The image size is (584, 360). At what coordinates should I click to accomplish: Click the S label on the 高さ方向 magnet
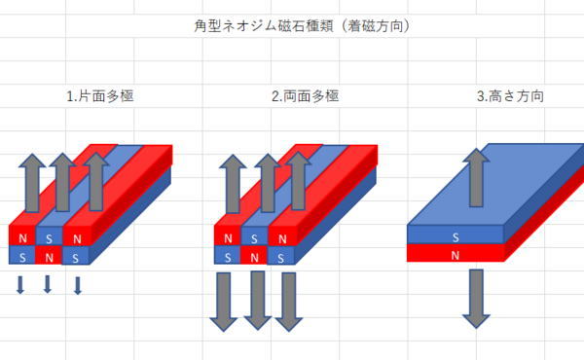[456, 235]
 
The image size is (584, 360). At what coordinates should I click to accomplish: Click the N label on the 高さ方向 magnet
[456, 254]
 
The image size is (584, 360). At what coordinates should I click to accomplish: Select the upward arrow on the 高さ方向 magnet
[475, 177]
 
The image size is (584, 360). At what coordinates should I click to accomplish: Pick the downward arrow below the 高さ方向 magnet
[475, 298]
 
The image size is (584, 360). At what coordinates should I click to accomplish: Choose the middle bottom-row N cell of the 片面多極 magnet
[49, 257]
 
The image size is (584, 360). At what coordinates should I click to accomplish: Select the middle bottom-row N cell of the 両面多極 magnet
[254, 257]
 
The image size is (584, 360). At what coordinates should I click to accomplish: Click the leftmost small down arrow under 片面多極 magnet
[19, 284]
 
